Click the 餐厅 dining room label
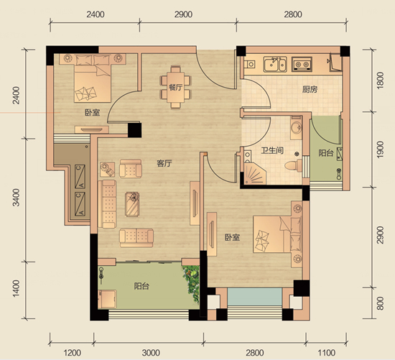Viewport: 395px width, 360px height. coord(175,88)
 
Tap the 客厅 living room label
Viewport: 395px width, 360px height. coord(164,164)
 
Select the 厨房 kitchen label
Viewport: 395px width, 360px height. coord(310,90)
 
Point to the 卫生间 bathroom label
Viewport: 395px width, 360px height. coord(272,150)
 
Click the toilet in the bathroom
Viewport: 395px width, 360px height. coord(294,165)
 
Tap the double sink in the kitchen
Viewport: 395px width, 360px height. coord(275,64)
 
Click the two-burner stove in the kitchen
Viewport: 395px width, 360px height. coord(302,63)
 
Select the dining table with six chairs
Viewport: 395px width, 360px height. coord(175,87)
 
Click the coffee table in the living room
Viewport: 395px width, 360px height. coord(132,204)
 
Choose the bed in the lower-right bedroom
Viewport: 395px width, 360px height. coord(278,234)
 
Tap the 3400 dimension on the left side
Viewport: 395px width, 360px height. coord(16,198)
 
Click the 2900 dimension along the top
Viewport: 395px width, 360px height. coord(183,14)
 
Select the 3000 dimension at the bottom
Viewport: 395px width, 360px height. coord(151,353)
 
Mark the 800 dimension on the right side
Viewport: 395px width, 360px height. coord(380,303)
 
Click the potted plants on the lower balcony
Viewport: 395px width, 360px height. coord(192,283)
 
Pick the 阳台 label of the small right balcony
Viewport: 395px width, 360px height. coord(326,153)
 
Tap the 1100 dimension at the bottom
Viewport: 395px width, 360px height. coord(326,353)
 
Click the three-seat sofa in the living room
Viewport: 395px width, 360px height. coord(107,204)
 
